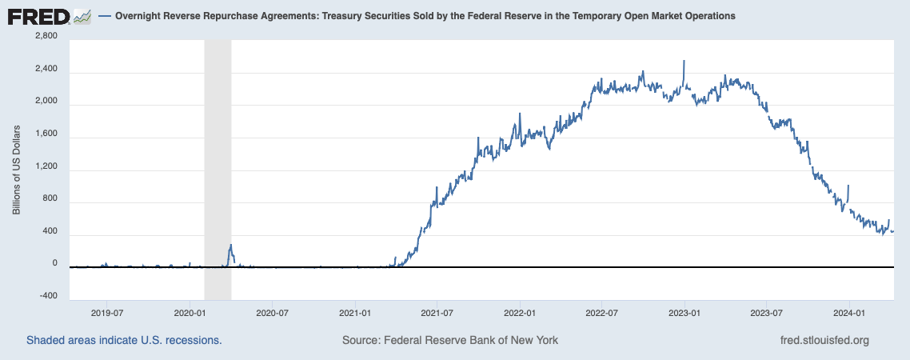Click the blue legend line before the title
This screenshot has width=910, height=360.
[x=102, y=17]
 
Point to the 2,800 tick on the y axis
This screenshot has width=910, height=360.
[x=46, y=36]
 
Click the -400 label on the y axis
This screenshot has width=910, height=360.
[x=49, y=296]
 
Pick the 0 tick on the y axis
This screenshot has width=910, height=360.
[x=54, y=263]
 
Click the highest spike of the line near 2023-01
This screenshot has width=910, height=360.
[x=684, y=62]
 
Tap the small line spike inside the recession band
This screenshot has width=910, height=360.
[x=230, y=246]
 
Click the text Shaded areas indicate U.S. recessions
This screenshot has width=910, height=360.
[x=124, y=340]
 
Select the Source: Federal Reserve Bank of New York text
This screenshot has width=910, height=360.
[x=450, y=340]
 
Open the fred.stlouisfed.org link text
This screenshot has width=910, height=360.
[x=824, y=340]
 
